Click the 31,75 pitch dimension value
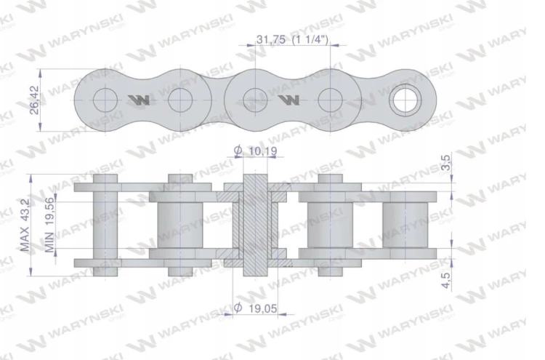pyautogui.click(x=271, y=39)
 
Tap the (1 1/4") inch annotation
pyautogui.click(x=310, y=39)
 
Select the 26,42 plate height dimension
pyautogui.click(x=34, y=100)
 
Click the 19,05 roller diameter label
pyautogui.click(x=263, y=308)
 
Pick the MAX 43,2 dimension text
pyautogui.click(x=24, y=225)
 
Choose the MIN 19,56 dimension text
pyautogui.click(x=49, y=225)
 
